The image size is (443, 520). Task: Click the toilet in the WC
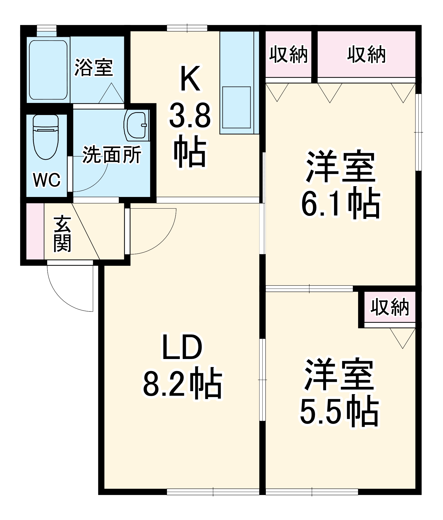click(x=46, y=137)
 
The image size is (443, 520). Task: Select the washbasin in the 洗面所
click(x=136, y=125)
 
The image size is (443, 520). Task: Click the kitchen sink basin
click(x=236, y=107)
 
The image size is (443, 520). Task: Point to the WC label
click(x=47, y=180)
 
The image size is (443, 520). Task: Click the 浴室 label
click(x=94, y=67)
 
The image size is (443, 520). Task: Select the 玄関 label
click(x=62, y=234)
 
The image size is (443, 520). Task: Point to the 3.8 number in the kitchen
click(x=190, y=116)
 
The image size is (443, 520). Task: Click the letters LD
click(x=182, y=347)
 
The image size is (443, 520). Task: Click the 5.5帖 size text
click(x=339, y=411)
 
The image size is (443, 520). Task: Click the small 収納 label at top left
click(x=288, y=54)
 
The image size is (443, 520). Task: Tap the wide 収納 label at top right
click(x=366, y=54)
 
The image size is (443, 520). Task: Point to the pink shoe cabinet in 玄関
click(x=35, y=231)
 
